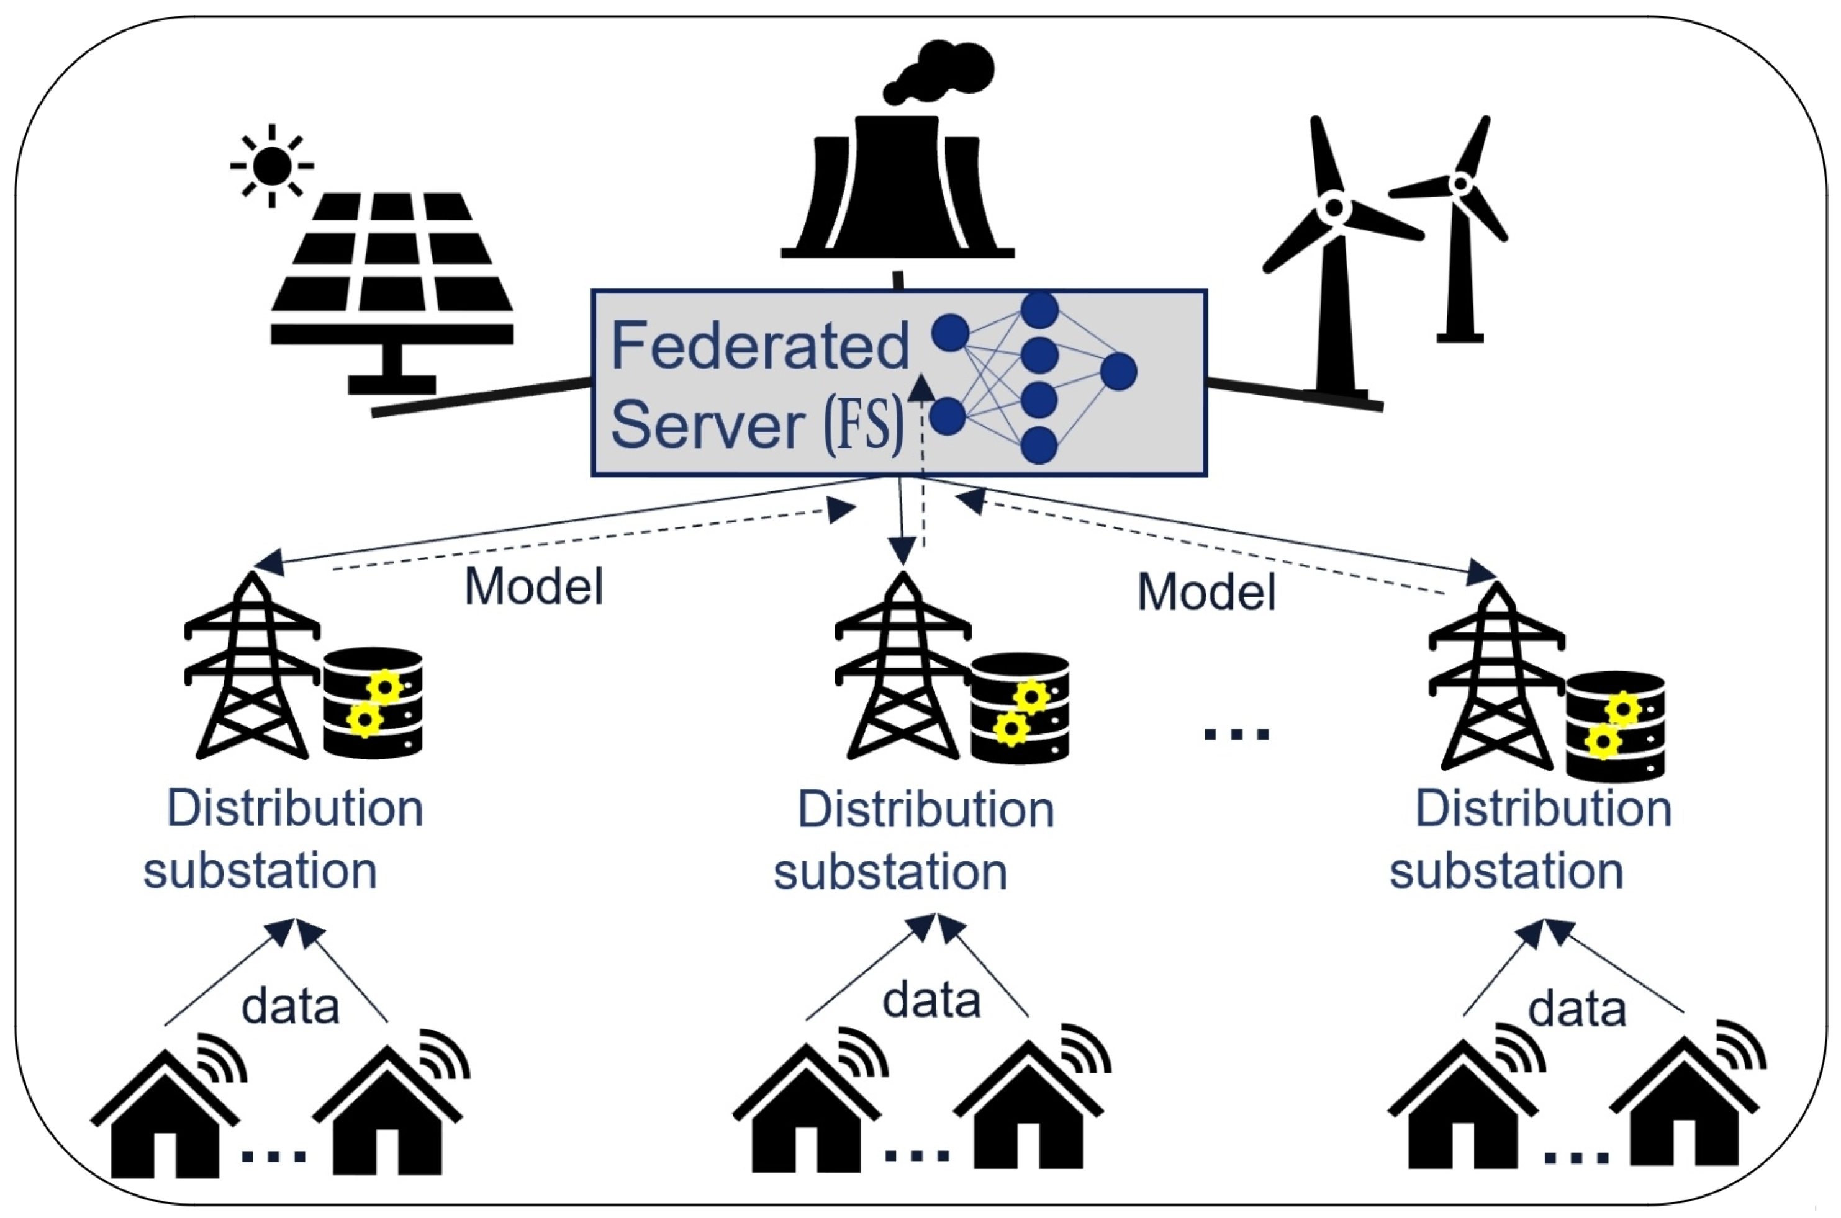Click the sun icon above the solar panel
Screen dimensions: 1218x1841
(271, 166)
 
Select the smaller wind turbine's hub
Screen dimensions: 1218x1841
(1460, 184)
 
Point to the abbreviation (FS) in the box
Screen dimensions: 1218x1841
(864, 425)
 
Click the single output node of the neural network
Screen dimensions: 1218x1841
(1118, 371)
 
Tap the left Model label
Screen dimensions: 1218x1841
(533, 586)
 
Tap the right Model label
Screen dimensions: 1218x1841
(1206, 593)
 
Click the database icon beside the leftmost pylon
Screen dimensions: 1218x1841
(373, 702)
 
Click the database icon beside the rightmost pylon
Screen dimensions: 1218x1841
(1615, 727)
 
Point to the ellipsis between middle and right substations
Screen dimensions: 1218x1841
(1236, 733)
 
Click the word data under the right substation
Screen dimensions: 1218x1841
(1576, 1009)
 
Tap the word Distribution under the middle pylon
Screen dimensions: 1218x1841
(926, 810)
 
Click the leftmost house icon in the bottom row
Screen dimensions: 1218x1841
(165, 1114)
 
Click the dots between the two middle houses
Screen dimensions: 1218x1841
(917, 1156)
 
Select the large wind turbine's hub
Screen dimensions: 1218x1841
(1334, 207)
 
